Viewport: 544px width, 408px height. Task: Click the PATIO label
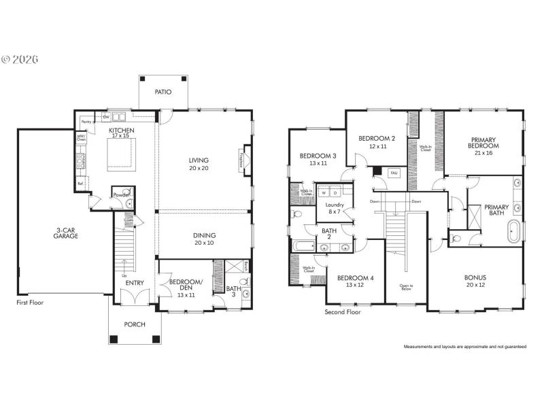click(x=163, y=92)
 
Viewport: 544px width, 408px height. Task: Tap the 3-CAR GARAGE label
click(x=66, y=233)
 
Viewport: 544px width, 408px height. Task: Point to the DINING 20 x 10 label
click(x=203, y=239)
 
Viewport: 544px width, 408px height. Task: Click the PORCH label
click(x=135, y=324)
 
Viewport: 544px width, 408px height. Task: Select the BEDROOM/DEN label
click(x=184, y=285)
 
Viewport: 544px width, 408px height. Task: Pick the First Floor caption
click(x=30, y=302)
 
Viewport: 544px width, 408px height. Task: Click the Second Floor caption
click(x=342, y=312)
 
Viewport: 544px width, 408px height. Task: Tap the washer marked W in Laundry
click(x=324, y=192)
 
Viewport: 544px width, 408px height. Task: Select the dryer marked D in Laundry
click(x=335, y=192)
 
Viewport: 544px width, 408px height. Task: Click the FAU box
click(x=393, y=173)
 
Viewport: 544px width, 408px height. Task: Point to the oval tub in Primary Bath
click(x=515, y=232)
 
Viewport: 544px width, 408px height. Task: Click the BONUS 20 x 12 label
click(x=475, y=281)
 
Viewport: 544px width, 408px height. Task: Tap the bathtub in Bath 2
click(x=303, y=246)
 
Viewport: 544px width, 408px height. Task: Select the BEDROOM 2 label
click(x=377, y=142)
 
